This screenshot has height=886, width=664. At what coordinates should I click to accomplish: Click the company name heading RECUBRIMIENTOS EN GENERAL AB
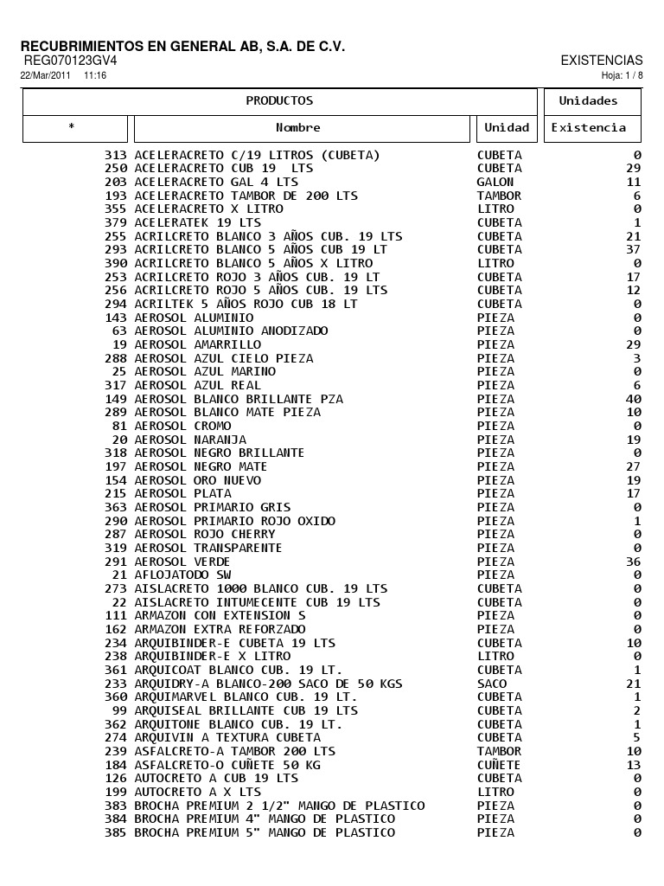tap(182, 46)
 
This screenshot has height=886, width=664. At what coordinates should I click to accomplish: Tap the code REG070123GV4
tap(70, 61)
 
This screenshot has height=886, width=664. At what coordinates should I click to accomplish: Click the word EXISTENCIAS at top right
tap(602, 61)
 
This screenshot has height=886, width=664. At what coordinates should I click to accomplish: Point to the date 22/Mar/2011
tap(45, 76)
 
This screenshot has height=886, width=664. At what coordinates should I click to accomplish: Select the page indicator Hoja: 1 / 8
tap(622, 76)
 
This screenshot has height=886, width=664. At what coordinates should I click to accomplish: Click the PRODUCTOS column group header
tap(279, 101)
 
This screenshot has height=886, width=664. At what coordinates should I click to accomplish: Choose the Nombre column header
tap(298, 128)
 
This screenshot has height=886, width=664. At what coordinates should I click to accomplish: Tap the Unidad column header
tap(507, 128)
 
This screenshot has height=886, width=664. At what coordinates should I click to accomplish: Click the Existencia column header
tap(589, 128)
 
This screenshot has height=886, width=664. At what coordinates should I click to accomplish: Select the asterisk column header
tap(72, 128)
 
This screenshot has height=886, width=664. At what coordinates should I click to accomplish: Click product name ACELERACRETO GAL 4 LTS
tap(216, 183)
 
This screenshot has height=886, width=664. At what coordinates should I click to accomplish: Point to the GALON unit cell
tap(495, 183)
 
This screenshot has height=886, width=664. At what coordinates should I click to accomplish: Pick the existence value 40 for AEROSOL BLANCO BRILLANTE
tap(634, 399)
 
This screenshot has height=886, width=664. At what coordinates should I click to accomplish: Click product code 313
tap(116, 156)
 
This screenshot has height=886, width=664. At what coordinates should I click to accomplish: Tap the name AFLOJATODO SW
tap(183, 575)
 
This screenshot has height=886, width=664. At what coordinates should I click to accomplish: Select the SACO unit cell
tap(492, 684)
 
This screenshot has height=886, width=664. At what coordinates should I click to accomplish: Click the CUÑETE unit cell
tap(499, 765)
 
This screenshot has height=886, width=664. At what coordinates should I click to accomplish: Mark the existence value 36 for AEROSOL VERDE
tap(634, 562)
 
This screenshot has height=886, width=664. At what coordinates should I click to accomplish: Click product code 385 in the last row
tap(116, 833)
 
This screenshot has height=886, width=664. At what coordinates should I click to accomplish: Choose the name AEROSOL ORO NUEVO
tap(198, 480)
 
